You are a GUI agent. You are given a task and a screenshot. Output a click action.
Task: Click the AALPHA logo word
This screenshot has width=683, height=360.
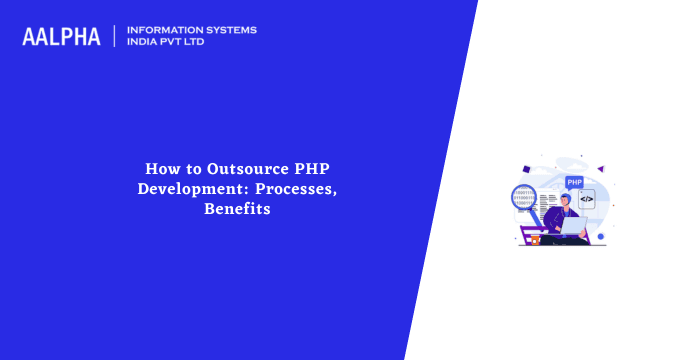click(61, 37)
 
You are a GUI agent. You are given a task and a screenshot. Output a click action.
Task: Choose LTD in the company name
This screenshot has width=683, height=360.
click(201, 43)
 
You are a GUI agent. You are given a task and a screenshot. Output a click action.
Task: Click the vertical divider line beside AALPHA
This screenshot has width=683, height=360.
click(115, 36)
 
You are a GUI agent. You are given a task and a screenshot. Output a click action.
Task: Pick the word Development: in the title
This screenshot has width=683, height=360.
click(191, 189)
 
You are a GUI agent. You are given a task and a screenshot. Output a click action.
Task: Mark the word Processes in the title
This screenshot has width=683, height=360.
click(296, 189)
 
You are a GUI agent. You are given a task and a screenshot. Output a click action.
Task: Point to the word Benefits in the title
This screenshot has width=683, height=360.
click(238, 209)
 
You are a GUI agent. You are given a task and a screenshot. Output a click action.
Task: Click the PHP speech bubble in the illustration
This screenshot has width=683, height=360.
click(574, 182)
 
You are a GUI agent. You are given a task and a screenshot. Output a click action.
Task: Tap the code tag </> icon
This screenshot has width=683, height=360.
click(586, 199)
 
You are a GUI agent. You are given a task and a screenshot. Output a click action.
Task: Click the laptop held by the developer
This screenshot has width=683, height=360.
click(574, 226)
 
